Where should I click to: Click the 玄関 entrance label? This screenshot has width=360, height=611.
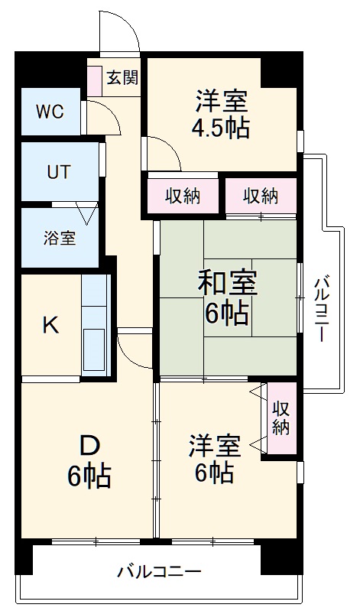click(x=122, y=78)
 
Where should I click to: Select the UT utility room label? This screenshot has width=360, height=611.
click(x=58, y=172)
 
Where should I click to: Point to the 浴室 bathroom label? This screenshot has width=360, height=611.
click(x=59, y=237)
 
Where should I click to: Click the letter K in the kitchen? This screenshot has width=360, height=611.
click(x=50, y=326)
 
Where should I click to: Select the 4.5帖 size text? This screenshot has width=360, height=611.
click(x=220, y=127)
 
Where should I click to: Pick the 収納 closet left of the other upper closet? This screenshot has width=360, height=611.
click(x=183, y=197)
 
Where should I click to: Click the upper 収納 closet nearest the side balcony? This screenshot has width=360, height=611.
click(x=261, y=197)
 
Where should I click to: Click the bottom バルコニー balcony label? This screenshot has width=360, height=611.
click(x=159, y=571)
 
